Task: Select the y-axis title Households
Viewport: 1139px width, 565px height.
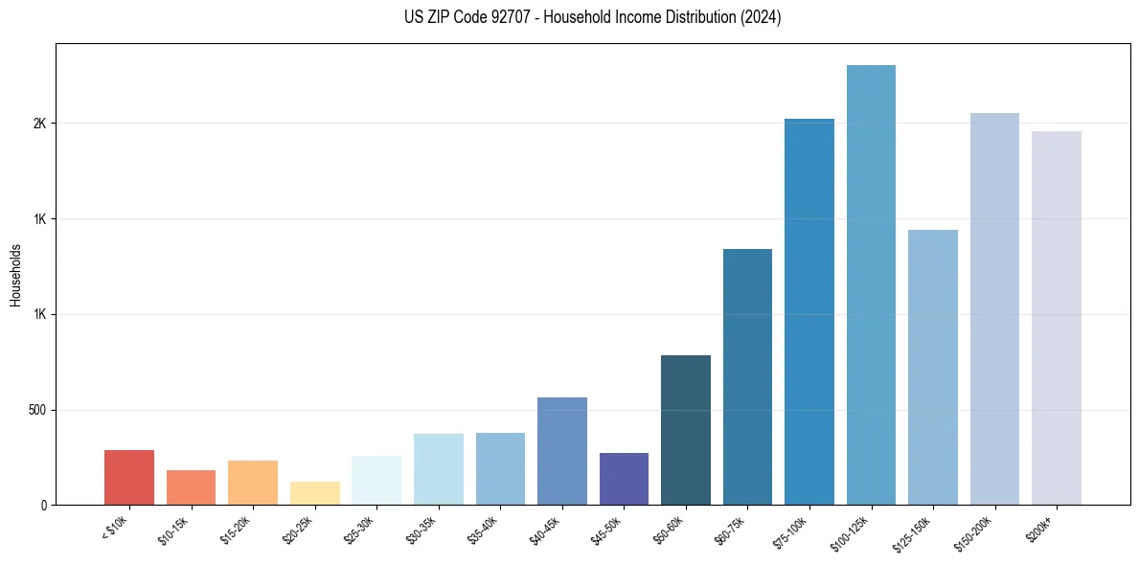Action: tap(15, 275)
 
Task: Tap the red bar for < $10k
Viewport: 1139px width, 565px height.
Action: tap(129, 477)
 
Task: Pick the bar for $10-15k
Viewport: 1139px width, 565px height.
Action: tap(191, 487)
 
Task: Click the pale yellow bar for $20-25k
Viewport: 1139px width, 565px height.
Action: tap(315, 493)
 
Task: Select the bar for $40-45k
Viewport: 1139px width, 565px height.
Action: tap(562, 451)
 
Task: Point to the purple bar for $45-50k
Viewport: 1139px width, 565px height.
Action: tap(624, 479)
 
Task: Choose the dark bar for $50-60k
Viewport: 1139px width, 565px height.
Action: tap(686, 430)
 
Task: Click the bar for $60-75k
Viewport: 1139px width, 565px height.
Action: tap(747, 376)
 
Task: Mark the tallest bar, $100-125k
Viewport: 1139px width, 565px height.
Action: tap(871, 284)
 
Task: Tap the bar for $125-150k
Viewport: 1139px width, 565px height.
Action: tap(933, 367)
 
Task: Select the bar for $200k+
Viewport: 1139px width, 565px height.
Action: tap(1057, 318)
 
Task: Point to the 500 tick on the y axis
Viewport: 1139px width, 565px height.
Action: tap(40, 410)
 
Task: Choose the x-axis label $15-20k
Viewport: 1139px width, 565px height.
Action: tap(237, 530)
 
